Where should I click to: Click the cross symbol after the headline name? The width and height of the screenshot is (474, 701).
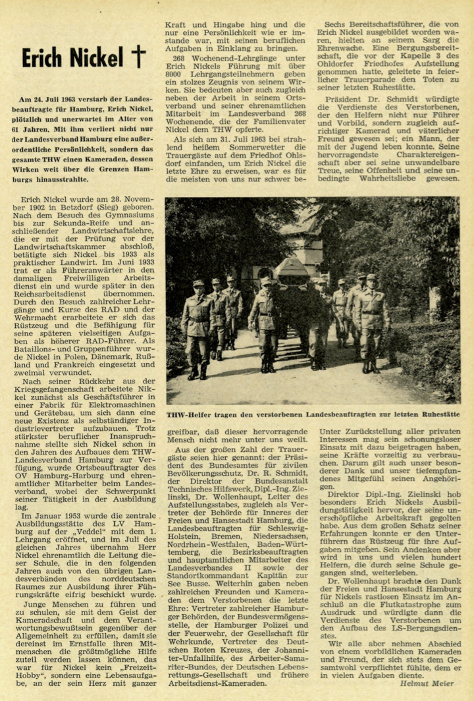[137, 57]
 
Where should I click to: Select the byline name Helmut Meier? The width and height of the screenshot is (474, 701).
[432, 683]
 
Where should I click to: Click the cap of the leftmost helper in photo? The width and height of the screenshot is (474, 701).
[198, 283]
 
